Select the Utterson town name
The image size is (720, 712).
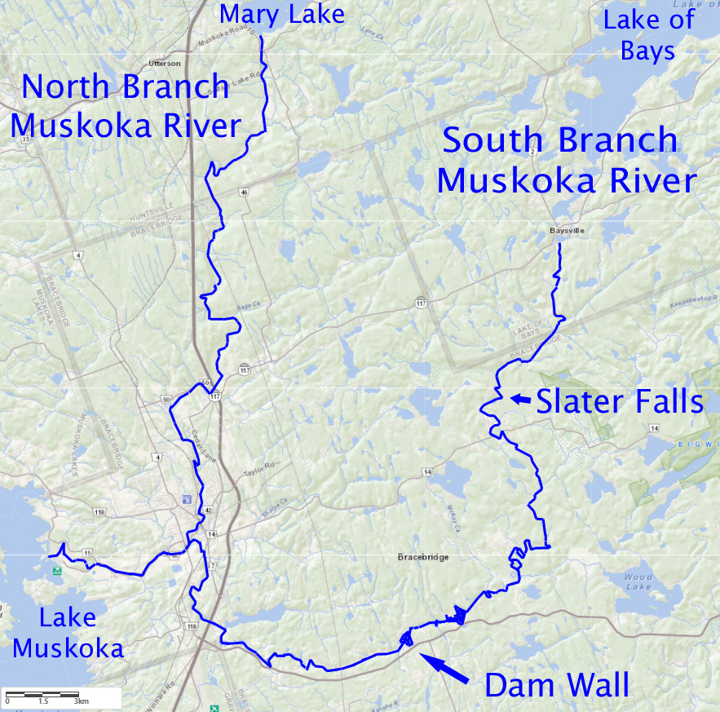pos(164,63)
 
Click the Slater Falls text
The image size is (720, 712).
pos(620,401)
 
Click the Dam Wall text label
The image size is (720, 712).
pos(557,686)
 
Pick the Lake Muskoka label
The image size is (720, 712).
pos(68,633)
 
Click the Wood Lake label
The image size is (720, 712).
pos(638,582)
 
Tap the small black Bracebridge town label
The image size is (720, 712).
pos(423,557)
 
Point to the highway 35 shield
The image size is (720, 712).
pos(26,139)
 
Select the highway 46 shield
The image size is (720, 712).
pos(244,192)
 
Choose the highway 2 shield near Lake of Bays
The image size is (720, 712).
pos(532,152)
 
